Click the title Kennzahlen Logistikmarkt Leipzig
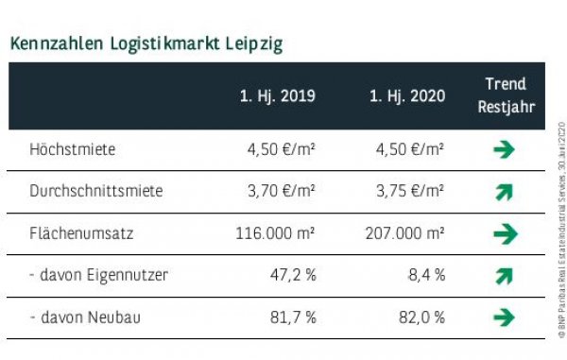click(145, 43)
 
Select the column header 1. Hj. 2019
click(277, 96)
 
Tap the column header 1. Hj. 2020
click(406, 96)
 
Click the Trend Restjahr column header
click(505, 95)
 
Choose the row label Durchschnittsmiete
click(96, 191)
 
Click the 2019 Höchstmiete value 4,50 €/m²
click(280, 149)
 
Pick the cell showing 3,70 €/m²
click(280, 191)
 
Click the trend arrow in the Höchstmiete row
click(505, 149)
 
